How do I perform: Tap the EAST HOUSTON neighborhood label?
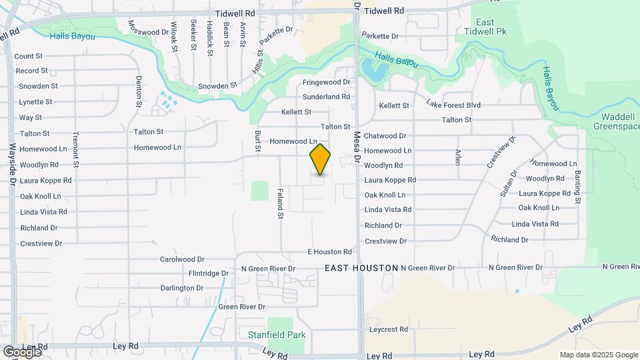(x=361, y=268)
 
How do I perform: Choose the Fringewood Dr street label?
(x=326, y=83)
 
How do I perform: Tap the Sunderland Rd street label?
(x=326, y=97)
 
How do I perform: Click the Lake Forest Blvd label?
(x=453, y=105)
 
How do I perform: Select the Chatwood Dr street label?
(x=385, y=136)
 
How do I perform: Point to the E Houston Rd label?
(x=329, y=252)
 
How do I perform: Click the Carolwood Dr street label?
(x=182, y=259)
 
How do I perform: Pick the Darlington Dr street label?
(x=181, y=288)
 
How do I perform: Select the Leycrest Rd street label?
(x=388, y=330)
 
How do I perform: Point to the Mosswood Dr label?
(x=148, y=32)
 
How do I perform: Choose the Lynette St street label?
(x=35, y=102)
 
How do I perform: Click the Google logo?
(x=21, y=351)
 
